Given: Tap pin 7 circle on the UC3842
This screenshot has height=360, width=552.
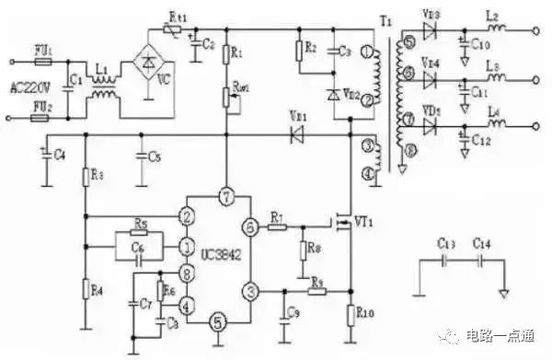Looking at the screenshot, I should (x=224, y=196).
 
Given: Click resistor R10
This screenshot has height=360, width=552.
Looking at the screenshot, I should (x=351, y=313).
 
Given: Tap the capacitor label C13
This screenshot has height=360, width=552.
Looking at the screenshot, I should (x=444, y=243).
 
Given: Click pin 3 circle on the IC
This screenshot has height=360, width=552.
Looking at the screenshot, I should (x=249, y=291).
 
